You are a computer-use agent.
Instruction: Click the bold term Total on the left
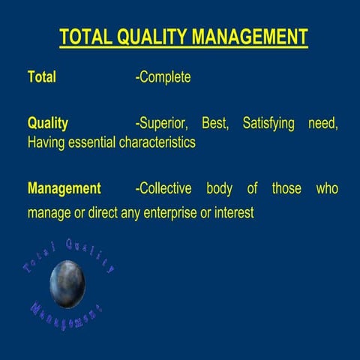click(41, 76)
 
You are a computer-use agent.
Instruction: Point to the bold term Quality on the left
click(47, 124)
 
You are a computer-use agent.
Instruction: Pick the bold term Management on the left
click(64, 188)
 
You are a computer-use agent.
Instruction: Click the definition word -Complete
click(163, 77)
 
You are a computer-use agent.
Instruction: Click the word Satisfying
click(268, 124)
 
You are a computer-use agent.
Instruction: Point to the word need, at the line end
click(323, 124)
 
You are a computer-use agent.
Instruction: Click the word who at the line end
click(327, 188)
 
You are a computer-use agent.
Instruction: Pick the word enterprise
click(172, 213)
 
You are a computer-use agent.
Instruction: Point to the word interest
click(234, 213)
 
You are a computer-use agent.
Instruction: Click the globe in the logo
click(67, 283)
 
